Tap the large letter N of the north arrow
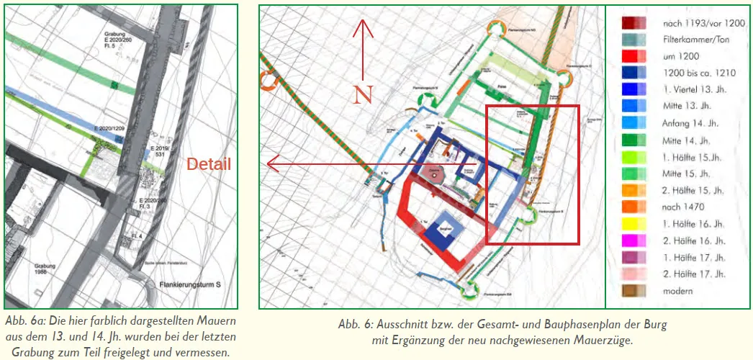click(363, 95)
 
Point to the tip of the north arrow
click(363, 21)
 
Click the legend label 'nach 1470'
click(682, 207)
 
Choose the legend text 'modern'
click(677, 291)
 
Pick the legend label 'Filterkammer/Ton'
click(695, 40)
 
